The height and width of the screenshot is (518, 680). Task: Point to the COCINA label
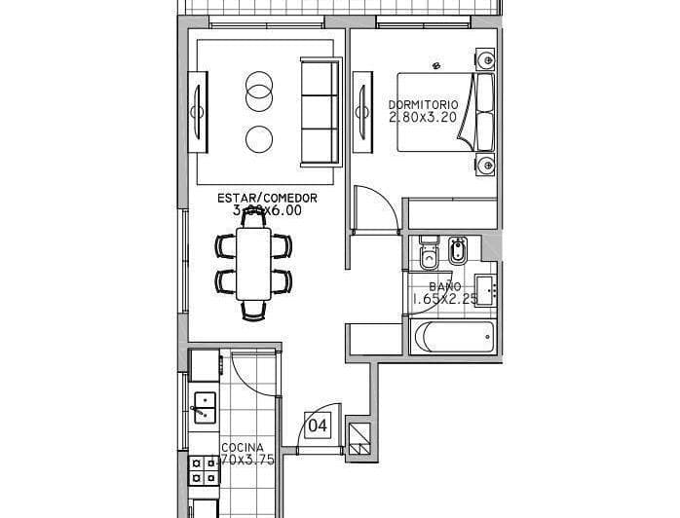coord(236,449)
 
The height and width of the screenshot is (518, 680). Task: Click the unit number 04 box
coord(318,425)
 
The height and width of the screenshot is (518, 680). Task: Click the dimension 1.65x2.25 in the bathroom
coord(444,299)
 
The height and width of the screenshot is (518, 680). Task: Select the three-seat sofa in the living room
coord(318,111)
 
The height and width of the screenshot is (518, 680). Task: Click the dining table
coord(254,263)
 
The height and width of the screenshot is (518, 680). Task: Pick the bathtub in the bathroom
coord(454,338)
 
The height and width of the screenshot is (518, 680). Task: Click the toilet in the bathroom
coord(427,256)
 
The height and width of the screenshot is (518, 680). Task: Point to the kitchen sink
coord(205,404)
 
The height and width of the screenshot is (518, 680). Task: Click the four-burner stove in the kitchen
coord(205,471)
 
